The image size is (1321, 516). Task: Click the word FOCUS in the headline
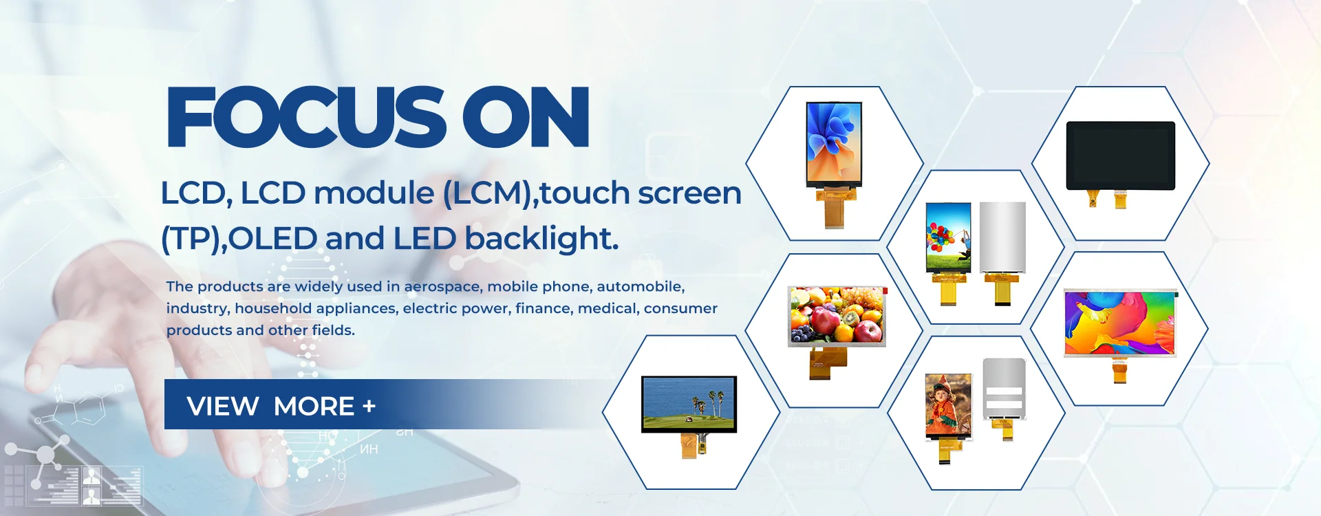(306, 117)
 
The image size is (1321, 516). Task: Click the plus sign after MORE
(369, 406)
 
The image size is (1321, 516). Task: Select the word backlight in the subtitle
(541, 239)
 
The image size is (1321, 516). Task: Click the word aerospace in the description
(442, 287)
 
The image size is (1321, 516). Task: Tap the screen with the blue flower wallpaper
(834, 144)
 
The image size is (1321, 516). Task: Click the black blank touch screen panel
(1121, 155)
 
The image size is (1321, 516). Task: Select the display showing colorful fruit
(837, 316)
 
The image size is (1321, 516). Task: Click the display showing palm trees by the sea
(689, 404)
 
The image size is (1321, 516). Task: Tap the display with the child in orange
(949, 406)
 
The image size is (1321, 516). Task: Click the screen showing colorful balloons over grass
(949, 237)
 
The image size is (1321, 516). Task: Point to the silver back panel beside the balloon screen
(1002, 237)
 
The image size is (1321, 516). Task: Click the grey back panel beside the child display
(1004, 389)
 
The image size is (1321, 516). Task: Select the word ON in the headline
(526, 117)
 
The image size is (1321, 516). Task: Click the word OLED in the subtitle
(272, 239)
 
